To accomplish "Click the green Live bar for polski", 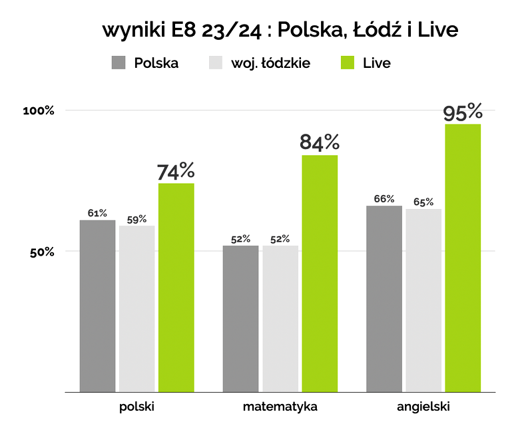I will (x=176, y=288).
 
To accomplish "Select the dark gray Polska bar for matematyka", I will (x=240, y=319).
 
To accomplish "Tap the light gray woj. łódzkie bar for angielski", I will (x=423, y=300).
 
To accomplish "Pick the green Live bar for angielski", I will (x=463, y=258).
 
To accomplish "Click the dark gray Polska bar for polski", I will (x=97, y=306).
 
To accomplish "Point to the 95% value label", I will (x=463, y=112).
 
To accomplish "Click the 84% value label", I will (x=320, y=142).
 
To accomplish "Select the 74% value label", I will (x=176, y=171).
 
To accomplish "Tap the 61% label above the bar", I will (x=97, y=213).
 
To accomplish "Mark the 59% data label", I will (x=136, y=219).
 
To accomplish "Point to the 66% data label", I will (x=384, y=198).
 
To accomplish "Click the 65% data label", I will (x=423, y=202).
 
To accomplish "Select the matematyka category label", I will (x=280, y=406).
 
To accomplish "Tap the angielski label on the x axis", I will (x=423, y=406).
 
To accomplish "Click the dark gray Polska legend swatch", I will (x=119, y=63).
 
